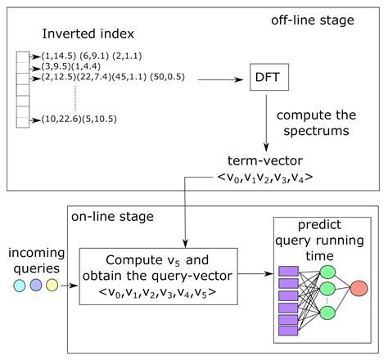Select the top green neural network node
(x=327, y=271)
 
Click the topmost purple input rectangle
(x=288, y=272)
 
